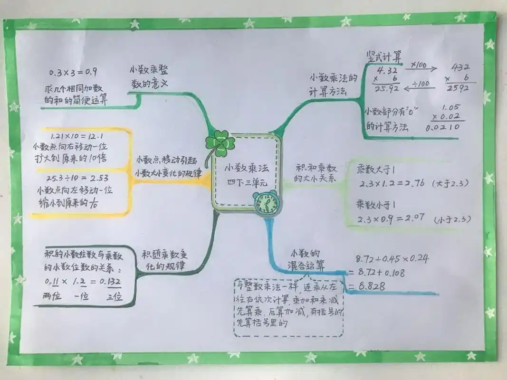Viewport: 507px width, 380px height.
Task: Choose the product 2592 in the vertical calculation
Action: tap(458, 88)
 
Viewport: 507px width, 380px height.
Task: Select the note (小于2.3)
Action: tap(452, 219)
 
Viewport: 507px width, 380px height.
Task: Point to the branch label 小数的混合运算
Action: tap(306, 259)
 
